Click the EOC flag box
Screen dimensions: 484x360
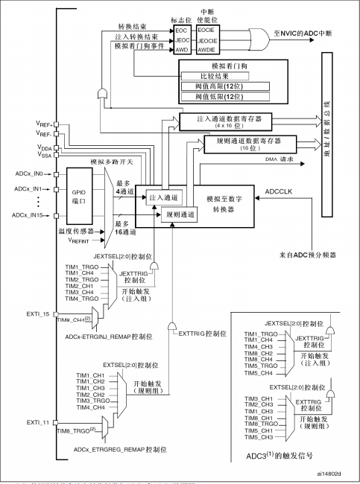[x=182, y=31]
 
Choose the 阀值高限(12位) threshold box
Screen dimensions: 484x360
[x=225, y=86]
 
